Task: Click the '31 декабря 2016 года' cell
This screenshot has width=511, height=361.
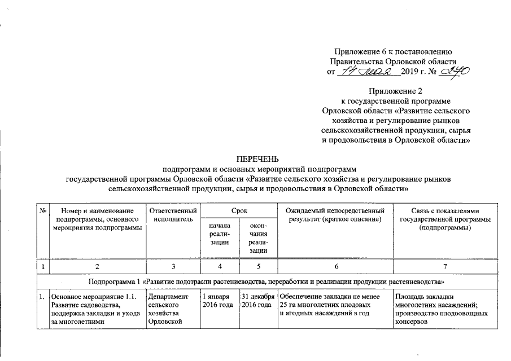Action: coord(257,301)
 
